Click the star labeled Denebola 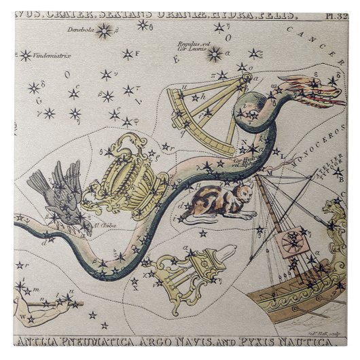tap(105, 31)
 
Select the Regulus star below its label tap(215, 54)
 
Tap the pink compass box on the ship tap(291, 244)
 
